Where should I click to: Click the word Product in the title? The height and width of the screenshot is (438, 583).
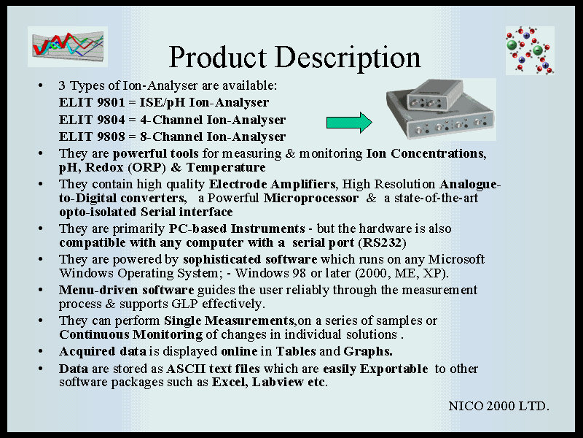click(218, 57)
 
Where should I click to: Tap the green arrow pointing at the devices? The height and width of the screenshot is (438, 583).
click(349, 122)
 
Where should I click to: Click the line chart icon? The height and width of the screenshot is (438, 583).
click(68, 47)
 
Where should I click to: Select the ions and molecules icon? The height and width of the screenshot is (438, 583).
click(530, 50)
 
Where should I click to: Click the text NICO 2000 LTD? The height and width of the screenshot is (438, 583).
click(498, 406)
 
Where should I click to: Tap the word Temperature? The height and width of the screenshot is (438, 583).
click(226, 168)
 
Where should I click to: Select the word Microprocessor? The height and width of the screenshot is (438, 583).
click(311, 198)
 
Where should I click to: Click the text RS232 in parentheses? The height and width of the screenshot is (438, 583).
click(382, 243)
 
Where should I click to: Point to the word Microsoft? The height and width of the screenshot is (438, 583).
click(457, 259)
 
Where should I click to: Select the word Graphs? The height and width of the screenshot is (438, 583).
click(368, 352)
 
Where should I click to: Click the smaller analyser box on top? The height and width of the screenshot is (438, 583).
click(435, 95)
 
